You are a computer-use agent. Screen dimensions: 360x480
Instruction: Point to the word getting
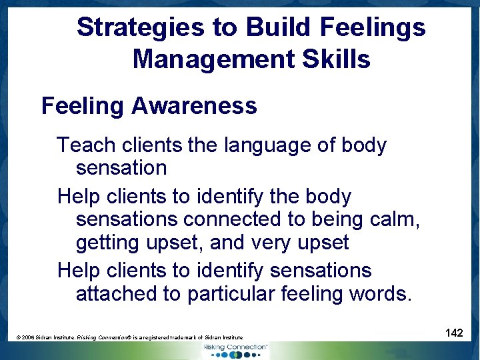pos(107,243)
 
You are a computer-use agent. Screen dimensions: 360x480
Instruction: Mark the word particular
pos(231,294)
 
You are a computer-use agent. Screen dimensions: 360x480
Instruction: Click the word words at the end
pos(381,294)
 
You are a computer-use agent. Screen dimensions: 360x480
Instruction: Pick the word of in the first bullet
pos(329,145)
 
